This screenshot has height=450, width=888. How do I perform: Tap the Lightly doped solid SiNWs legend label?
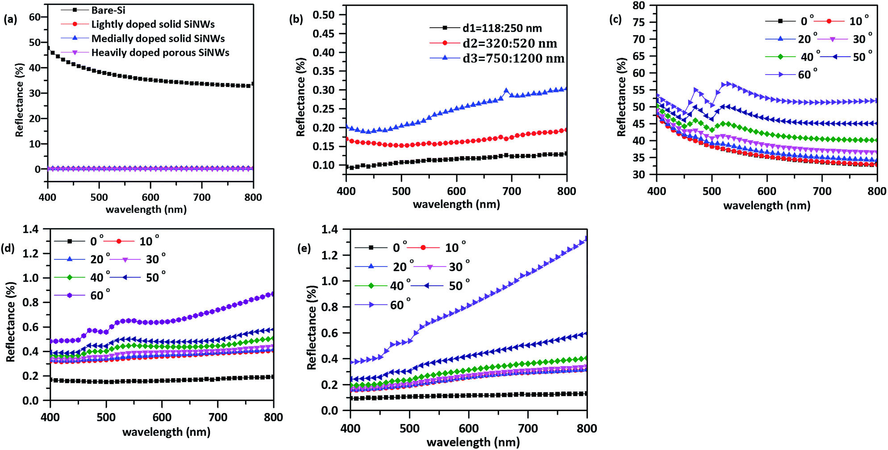click(x=153, y=24)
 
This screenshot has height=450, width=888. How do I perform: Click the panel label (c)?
click(x=616, y=20)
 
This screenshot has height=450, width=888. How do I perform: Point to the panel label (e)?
click(x=304, y=248)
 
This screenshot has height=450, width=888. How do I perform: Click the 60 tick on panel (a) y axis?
click(x=35, y=17)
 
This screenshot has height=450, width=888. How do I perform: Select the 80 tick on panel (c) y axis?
click(x=639, y=5)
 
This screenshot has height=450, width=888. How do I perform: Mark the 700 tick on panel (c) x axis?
click(x=822, y=192)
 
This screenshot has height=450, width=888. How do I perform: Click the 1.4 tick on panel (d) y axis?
click(x=31, y=229)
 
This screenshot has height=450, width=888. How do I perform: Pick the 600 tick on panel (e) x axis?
click(x=469, y=429)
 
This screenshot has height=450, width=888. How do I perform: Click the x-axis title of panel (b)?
click(x=456, y=204)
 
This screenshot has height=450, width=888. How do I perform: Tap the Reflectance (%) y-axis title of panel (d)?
click(x=11, y=321)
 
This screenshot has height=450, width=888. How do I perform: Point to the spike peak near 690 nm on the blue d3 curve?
click(x=506, y=91)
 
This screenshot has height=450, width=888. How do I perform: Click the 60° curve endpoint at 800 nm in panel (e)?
click(x=586, y=239)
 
